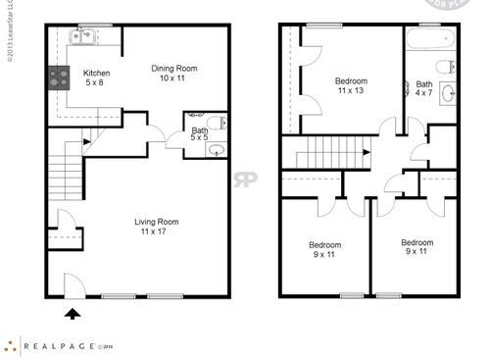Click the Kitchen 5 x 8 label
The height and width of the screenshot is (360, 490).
click(96, 78)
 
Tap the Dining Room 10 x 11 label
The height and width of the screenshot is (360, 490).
click(173, 74)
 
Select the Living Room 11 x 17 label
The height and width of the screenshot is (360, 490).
click(156, 228)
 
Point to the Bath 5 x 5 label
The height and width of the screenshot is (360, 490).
click(200, 134)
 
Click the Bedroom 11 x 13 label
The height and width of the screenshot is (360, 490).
click(351, 86)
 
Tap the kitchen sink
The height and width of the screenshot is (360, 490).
click(81, 38)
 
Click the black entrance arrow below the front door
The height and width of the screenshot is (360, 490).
click(72, 314)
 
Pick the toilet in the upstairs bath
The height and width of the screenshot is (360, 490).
click(447, 67)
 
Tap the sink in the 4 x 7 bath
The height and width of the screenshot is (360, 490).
click(448, 94)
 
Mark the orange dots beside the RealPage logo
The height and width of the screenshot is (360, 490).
click(11, 344)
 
